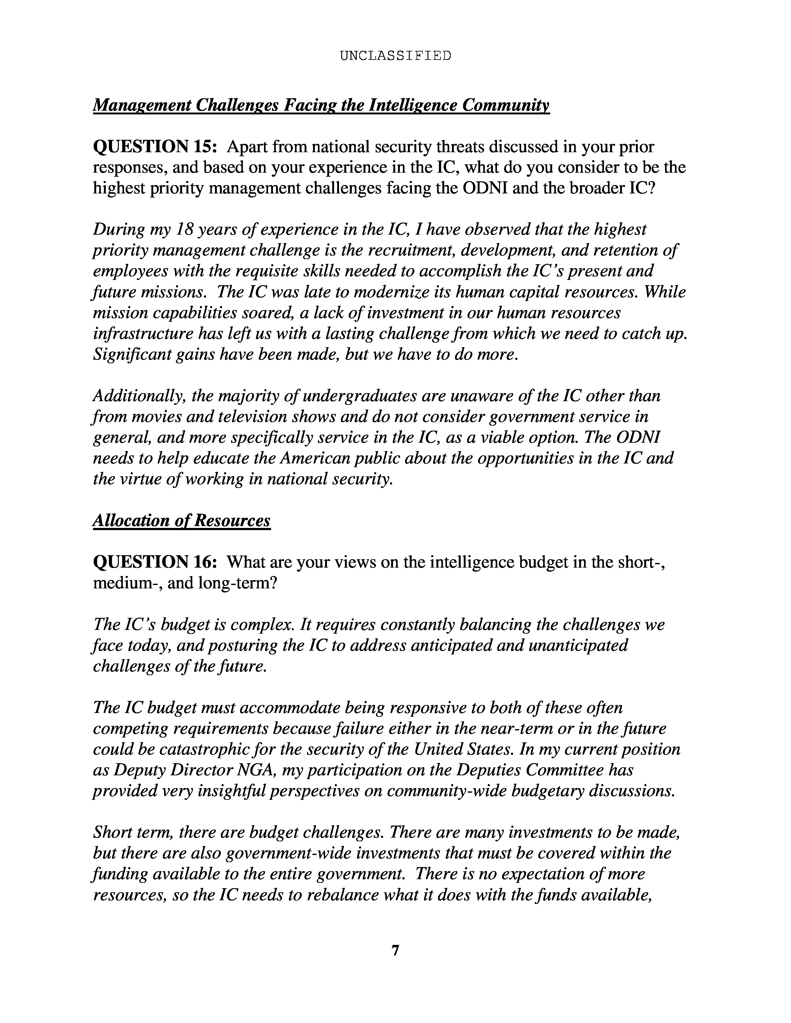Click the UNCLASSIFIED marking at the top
tap(395, 56)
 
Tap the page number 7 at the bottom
tap(395, 950)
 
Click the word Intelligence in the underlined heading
tap(413, 105)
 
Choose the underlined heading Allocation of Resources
tap(181, 520)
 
